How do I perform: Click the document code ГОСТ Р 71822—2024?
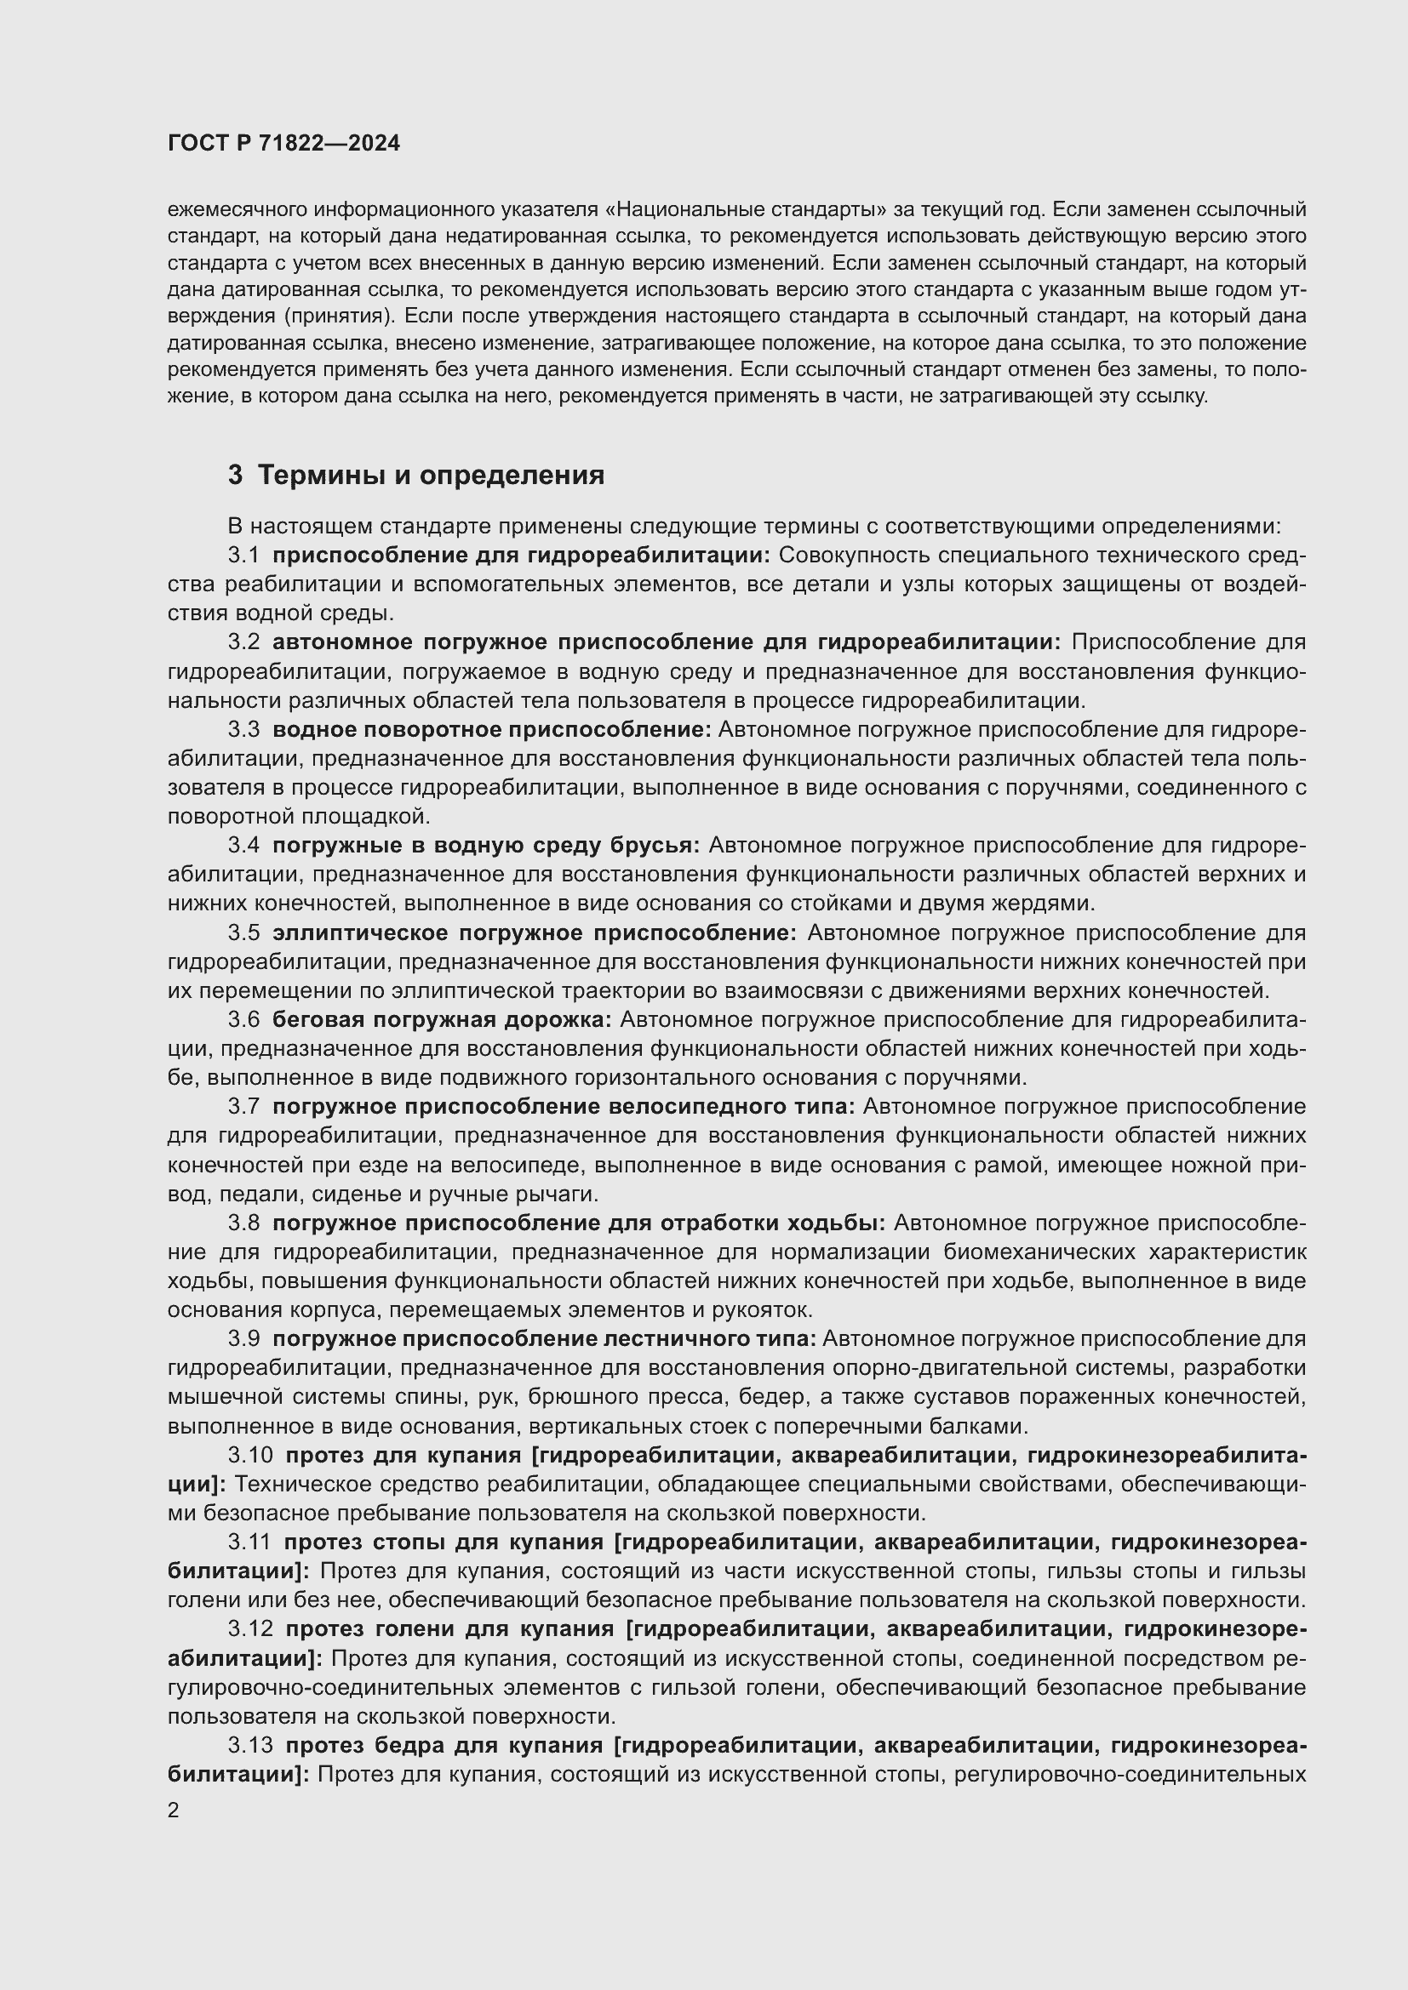point(283,144)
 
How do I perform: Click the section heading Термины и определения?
point(431,475)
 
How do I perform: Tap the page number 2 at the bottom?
point(174,1810)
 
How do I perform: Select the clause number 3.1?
point(243,555)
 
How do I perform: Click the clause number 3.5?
point(243,932)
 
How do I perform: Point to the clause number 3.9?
point(243,1338)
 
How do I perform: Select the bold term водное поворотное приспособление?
point(490,730)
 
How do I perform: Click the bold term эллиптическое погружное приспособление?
point(533,932)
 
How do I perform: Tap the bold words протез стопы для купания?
point(443,1542)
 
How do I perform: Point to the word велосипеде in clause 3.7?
point(525,1165)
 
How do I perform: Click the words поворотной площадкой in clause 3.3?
point(297,817)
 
